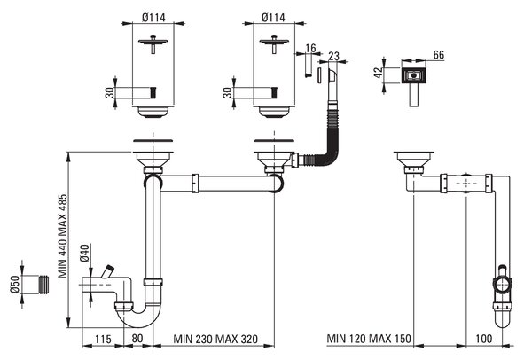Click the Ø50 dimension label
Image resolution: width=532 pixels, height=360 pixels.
point(14,284)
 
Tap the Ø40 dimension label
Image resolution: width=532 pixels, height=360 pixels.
point(84,253)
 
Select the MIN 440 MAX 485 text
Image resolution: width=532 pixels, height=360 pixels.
point(63,236)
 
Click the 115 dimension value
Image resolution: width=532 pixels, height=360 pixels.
point(103,339)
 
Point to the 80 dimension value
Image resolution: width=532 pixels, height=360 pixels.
point(137,339)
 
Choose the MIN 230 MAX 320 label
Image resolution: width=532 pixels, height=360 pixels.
point(215,339)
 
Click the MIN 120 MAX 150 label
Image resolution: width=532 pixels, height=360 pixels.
point(369,339)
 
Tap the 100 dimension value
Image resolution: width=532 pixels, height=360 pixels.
point(484,339)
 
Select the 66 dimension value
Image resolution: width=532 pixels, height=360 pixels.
point(439,55)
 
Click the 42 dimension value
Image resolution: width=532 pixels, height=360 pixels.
point(379,73)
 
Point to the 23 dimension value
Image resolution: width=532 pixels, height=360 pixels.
point(334,56)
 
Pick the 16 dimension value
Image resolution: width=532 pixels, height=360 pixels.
point(310,48)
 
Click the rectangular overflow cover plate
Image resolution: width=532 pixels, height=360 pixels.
point(413,75)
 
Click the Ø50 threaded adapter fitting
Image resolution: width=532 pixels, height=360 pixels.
point(42,285)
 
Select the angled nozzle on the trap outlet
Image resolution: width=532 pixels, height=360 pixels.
point(108,271)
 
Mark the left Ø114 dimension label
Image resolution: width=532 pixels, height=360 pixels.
point(153,18)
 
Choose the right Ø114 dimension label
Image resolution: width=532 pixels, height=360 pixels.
point(273,18)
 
